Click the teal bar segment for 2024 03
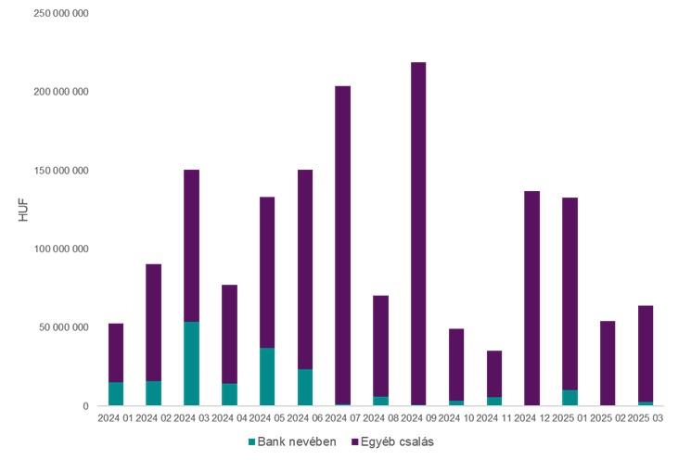pyautogui.click(x=191, y=364)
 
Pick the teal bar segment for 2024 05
pyautogui.click(x=267, y=377)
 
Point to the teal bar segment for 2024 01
pyautogui.click(x=116, y=394)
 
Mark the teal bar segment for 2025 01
pyautogui.click(x=569, y=398)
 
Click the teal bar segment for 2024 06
pyautogui.click(x=305, y=388)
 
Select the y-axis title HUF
pyautogui.click(x=24, y=210)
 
